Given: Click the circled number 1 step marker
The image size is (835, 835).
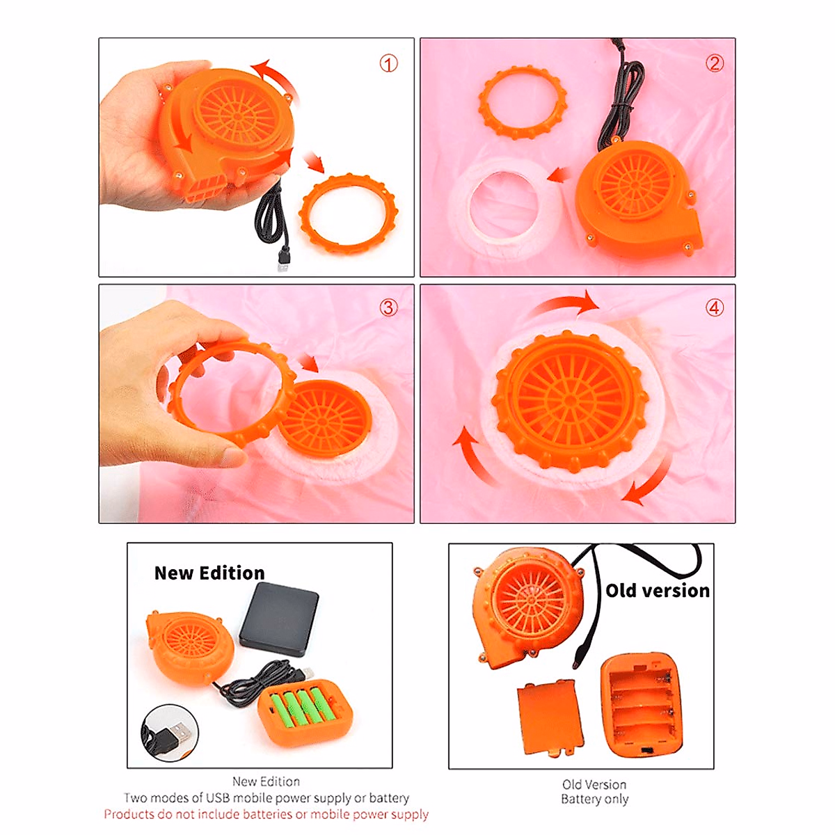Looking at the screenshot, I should tap(388, 64).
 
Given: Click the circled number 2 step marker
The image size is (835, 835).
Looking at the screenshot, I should tap(715, 63).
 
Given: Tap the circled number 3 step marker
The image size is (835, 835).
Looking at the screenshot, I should tap(388, 308).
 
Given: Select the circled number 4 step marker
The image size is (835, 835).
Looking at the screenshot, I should tap(715, 308).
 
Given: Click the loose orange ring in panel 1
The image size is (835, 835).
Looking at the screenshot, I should tap(347, 215).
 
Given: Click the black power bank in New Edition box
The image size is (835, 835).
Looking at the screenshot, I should tap(278, 619).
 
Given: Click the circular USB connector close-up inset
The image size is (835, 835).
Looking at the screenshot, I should tap(170, 732).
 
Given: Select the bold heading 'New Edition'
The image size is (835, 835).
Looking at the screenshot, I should tap(209, 573).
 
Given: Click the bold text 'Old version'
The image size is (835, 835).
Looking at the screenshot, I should tap(657, 590).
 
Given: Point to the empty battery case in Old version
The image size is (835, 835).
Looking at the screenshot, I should tap(641, 705).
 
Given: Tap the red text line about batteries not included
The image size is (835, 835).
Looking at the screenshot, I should tap(266, 814).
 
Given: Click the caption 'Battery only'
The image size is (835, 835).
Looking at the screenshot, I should tap(594, 800).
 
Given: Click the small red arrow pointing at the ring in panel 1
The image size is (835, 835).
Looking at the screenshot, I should tap(315, 162).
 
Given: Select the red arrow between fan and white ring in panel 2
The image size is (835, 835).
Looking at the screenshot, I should tap(558, 175).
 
